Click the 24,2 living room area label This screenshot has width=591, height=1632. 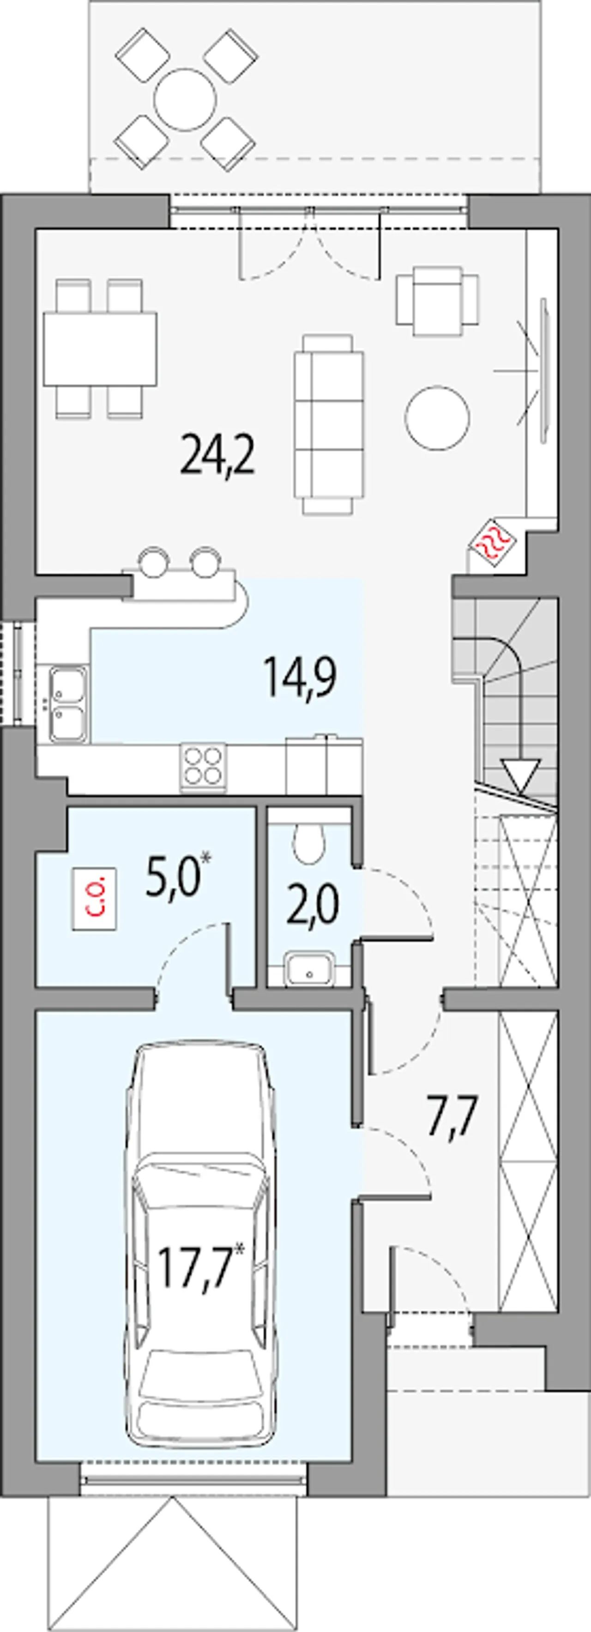coord(217,455)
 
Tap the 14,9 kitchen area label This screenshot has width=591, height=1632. coord(301,677)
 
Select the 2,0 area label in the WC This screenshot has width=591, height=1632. coord(313,906)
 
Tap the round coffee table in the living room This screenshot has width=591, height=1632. coord(438,418)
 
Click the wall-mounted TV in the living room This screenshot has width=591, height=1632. coord(543,374)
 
